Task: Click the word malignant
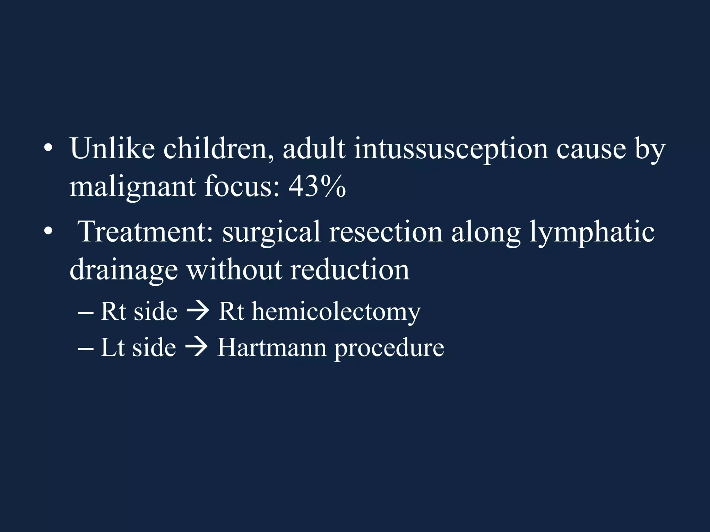tap(132, 187)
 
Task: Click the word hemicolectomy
tap(336, 312)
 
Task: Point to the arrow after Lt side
tap(196, 347)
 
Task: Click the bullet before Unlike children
tap(48, 149)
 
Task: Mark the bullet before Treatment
tap(48, 232)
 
